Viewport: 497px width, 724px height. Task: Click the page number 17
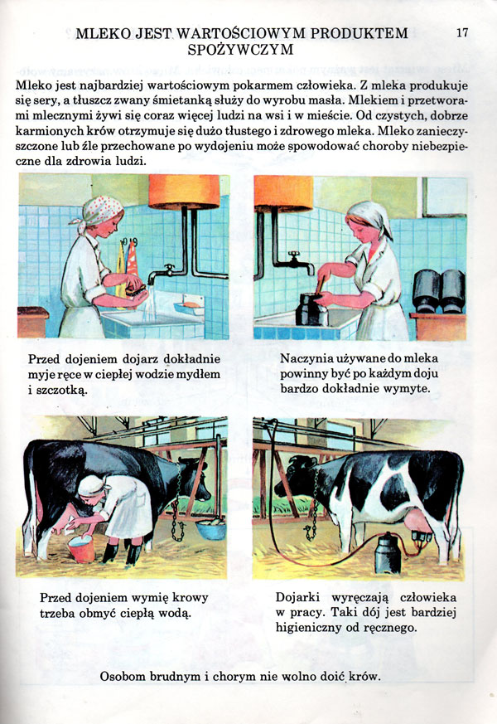click(462, 32)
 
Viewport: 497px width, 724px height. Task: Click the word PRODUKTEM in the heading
click(359, 33)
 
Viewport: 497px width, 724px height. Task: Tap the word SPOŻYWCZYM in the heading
click(240, 50)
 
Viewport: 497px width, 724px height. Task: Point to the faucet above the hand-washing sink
click(162, 273)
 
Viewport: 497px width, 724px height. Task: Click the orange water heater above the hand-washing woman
click(184, 191)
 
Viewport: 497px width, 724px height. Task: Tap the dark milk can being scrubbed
click(311, 309)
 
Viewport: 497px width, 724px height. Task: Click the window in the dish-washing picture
click(445, 197)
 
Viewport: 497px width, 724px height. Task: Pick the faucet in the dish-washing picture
click(299, 262)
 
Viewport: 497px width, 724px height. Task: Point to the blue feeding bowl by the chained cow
click(211, 529)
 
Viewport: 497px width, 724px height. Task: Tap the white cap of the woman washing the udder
click(91, 485)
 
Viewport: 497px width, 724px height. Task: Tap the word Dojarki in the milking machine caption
click(298, 597)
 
